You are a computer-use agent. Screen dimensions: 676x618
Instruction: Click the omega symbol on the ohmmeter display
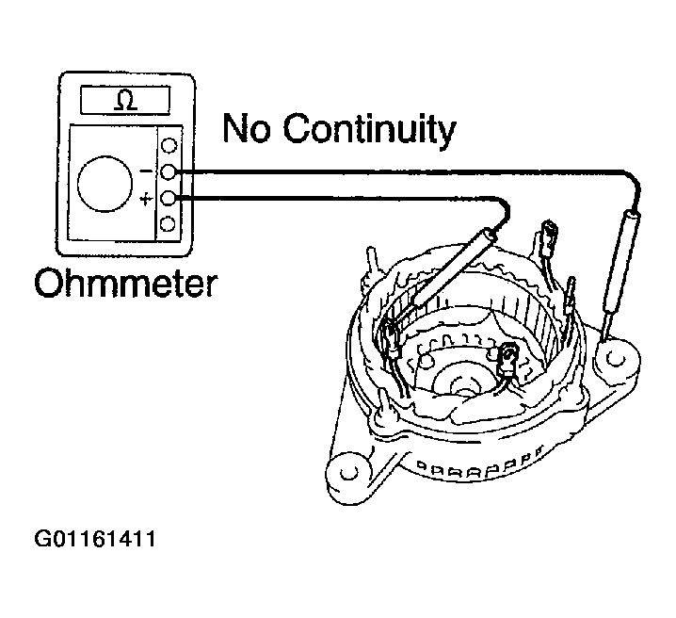tap(126, 101)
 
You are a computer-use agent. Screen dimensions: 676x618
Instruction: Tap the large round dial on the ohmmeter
tap(105, 184)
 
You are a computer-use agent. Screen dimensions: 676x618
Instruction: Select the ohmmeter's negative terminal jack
tap(168, 172)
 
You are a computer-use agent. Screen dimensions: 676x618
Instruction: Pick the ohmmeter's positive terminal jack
tap(168, 199)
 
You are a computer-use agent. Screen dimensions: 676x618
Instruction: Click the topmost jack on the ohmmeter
tap(169, 145)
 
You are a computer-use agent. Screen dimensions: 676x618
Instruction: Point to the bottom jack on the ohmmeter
tap(168, 224)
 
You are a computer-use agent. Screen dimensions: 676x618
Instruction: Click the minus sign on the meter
tap(146, 171)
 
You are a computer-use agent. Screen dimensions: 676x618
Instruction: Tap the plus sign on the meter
tap(147, 199)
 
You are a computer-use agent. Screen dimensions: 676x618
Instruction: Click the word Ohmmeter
tap(126, 284)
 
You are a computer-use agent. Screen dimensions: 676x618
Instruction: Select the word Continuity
tap(369, 129)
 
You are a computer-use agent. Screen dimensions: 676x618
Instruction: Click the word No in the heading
tap(247, 128)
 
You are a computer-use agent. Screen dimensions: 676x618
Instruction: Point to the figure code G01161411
tap(95, 539)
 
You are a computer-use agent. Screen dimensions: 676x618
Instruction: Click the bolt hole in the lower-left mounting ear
tap(348, 473)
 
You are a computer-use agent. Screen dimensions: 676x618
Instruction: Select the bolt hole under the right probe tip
tap(616, 358)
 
